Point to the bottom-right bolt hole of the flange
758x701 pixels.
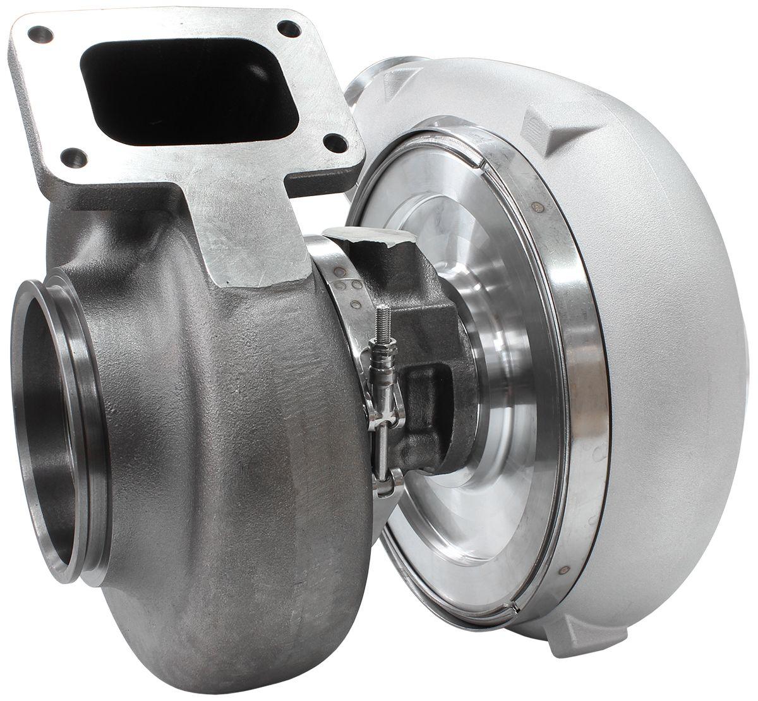coord(338,142)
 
